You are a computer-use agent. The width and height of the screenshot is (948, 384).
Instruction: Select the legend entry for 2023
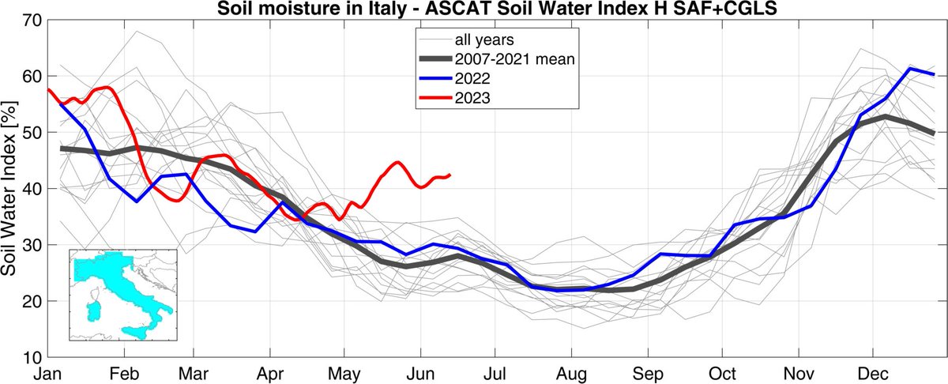pos(470,99)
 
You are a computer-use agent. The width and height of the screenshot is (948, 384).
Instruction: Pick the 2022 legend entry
pos(470,79)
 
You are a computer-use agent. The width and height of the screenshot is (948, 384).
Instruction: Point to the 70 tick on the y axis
pos(31,21)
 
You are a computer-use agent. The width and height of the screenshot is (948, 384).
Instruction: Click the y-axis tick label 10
pos(31,357)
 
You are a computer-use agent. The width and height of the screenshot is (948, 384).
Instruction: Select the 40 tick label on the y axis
pos(31,189)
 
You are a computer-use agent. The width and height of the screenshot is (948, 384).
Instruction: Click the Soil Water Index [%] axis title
pos(11,189)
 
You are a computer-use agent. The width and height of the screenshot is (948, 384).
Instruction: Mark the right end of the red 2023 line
pos(450,175)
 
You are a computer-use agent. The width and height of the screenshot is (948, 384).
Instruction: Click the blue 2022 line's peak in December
pos(909,69)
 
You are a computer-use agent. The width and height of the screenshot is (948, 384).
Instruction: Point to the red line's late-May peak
pos(397,163)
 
